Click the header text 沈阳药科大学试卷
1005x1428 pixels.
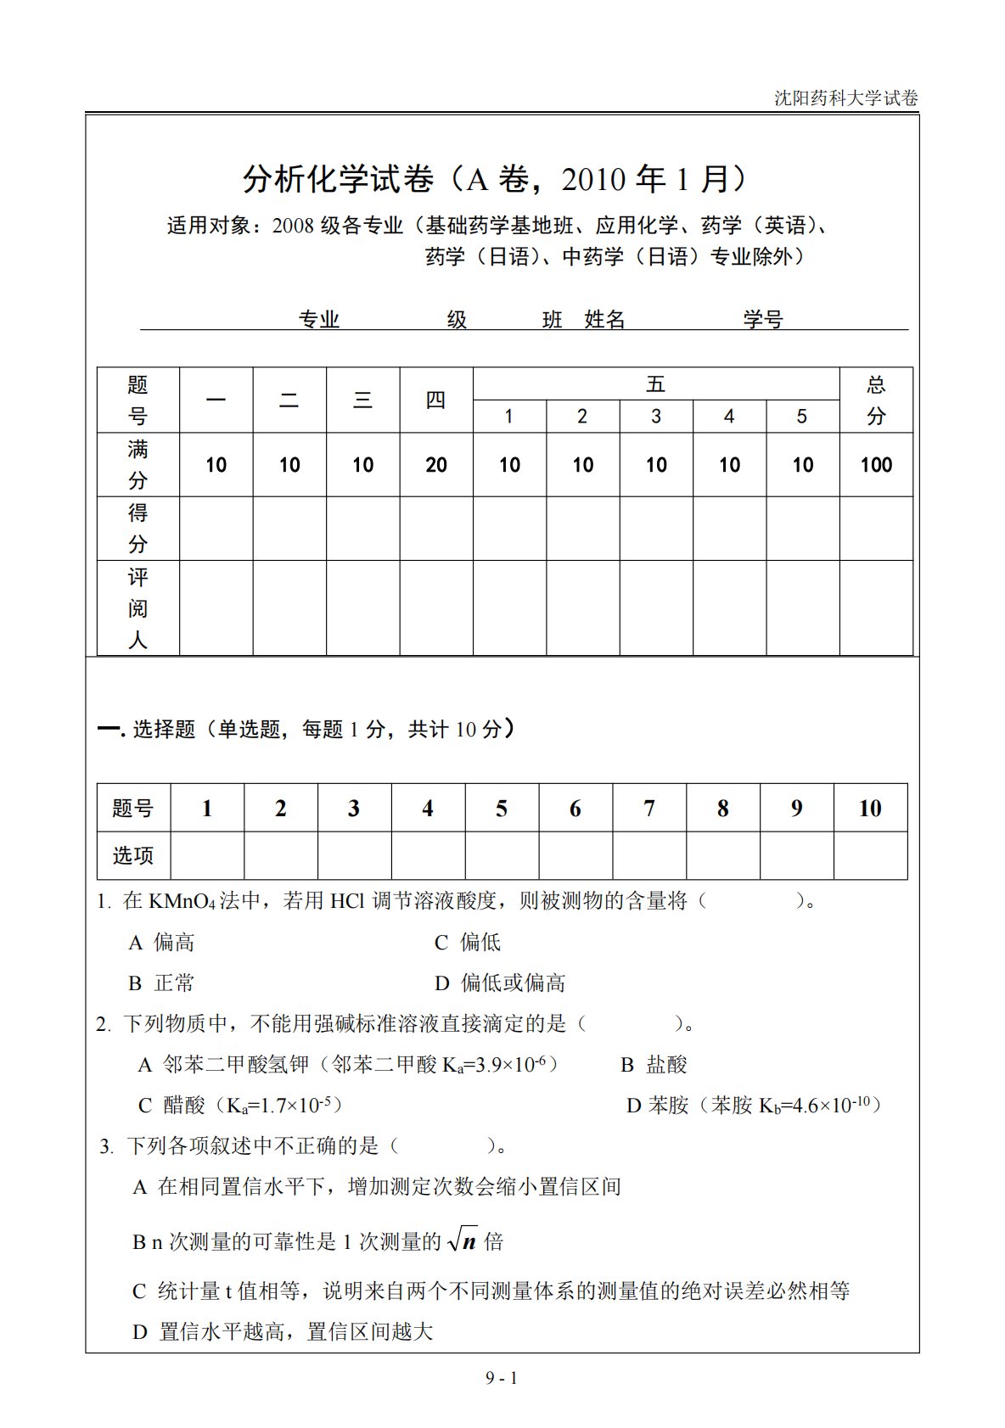click(845, 98)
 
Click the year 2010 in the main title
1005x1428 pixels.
click(593, 179)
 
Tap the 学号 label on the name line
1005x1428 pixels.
click(763, 319)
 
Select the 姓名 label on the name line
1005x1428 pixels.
click(604, 319)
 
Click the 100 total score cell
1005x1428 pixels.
click(876, 465)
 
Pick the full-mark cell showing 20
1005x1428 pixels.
click(436, 465)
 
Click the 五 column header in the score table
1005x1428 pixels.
click(655, 384)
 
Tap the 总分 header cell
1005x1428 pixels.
click(876, 400)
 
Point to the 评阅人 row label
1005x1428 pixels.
click(138, 608)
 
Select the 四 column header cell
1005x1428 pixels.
click(436, 400)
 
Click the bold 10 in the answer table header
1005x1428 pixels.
click(870, 809)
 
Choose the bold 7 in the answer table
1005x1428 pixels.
click(649, 809)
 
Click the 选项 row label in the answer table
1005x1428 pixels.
click(133, 855)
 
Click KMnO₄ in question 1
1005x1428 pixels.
click(181, 901)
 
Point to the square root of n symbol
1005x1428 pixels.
click(463, 1240)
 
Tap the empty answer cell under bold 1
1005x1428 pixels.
click(207, 855)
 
